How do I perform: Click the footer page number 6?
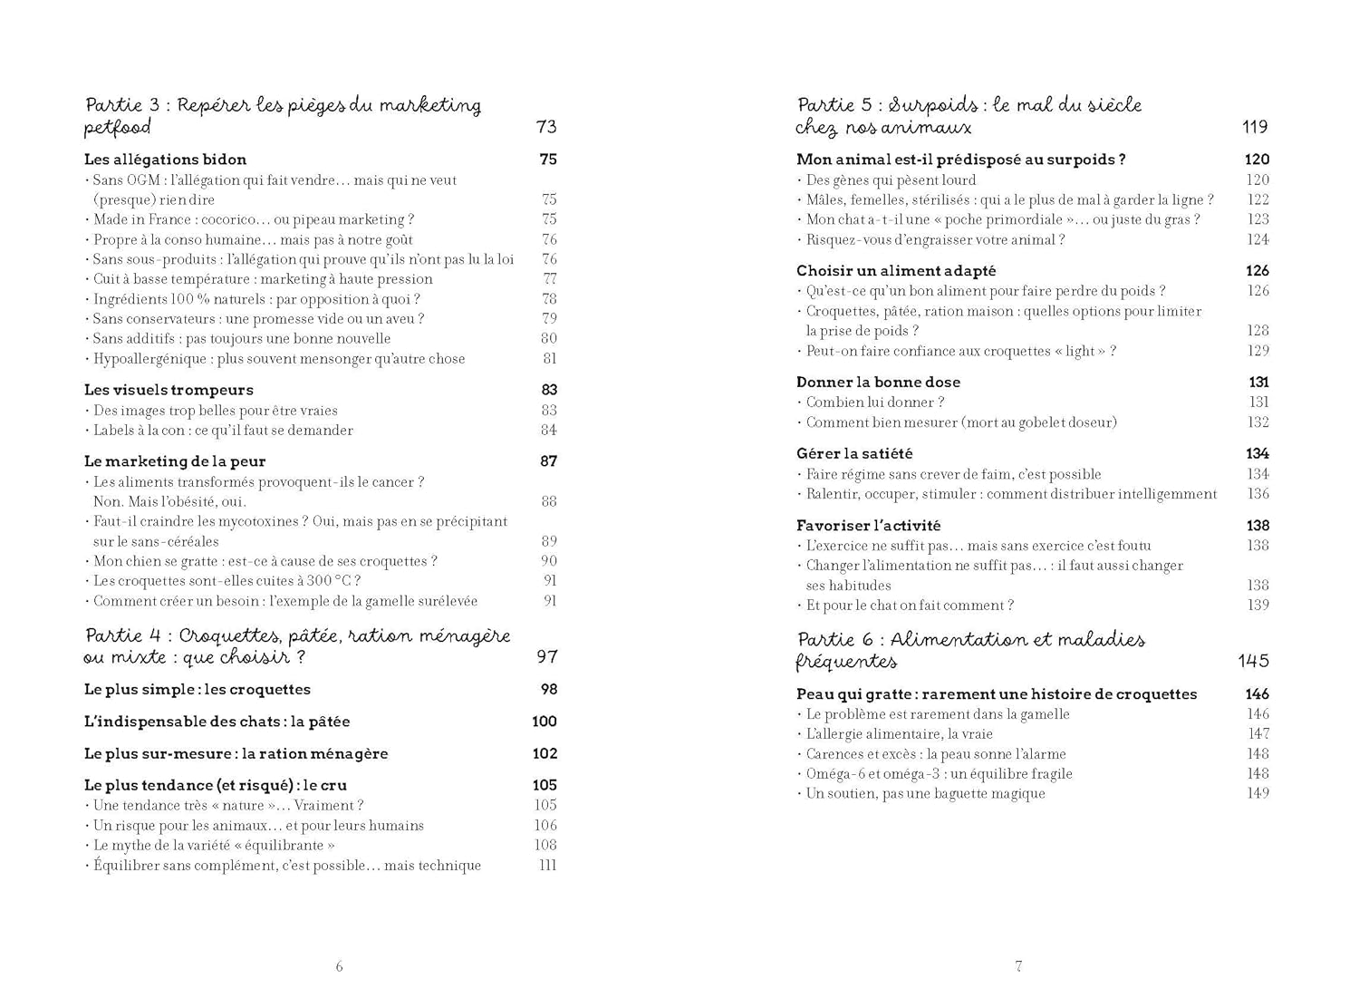[340, 966]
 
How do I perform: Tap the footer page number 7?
[1018, 966]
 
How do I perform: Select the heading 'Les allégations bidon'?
[165, 160]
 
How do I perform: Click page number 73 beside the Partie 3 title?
[546, 127]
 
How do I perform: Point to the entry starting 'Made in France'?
[253, 219]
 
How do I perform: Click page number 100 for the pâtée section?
[545, 722]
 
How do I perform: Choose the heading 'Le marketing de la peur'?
[175, 461]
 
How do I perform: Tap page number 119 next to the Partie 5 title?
[1255, 127]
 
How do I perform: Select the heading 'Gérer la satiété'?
[854, 453]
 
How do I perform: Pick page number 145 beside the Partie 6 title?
[1254, 661]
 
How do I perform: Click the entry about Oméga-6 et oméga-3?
[939, 774]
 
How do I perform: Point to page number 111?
[547, 866]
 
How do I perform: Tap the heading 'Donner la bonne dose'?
[878, 383]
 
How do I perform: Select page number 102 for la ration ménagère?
[545, 753]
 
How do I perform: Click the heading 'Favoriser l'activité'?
[868, 526]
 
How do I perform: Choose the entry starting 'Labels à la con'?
[223, 431]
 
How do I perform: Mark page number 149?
[1258, 794]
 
